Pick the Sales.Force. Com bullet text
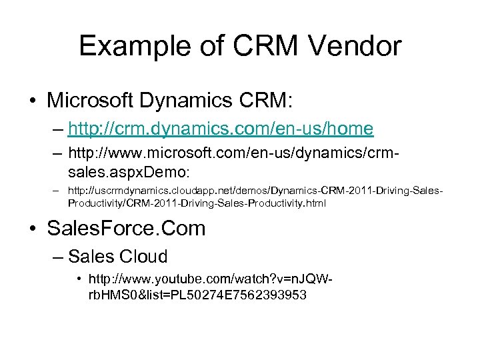click(x=127, y=229)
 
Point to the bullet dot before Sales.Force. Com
click(x=31, y=229)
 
